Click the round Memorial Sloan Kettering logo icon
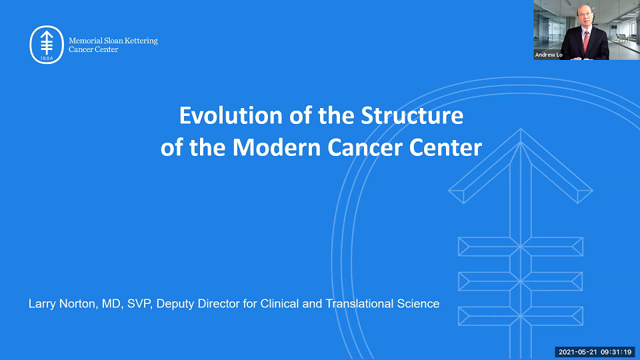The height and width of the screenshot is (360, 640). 47,45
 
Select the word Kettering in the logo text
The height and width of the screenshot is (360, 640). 142,41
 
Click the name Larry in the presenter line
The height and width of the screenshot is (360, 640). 41,304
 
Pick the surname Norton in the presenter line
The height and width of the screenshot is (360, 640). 77,304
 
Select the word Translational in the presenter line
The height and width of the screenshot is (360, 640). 357,304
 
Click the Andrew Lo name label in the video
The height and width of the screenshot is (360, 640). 549,55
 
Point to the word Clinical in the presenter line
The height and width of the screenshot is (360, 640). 285,304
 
